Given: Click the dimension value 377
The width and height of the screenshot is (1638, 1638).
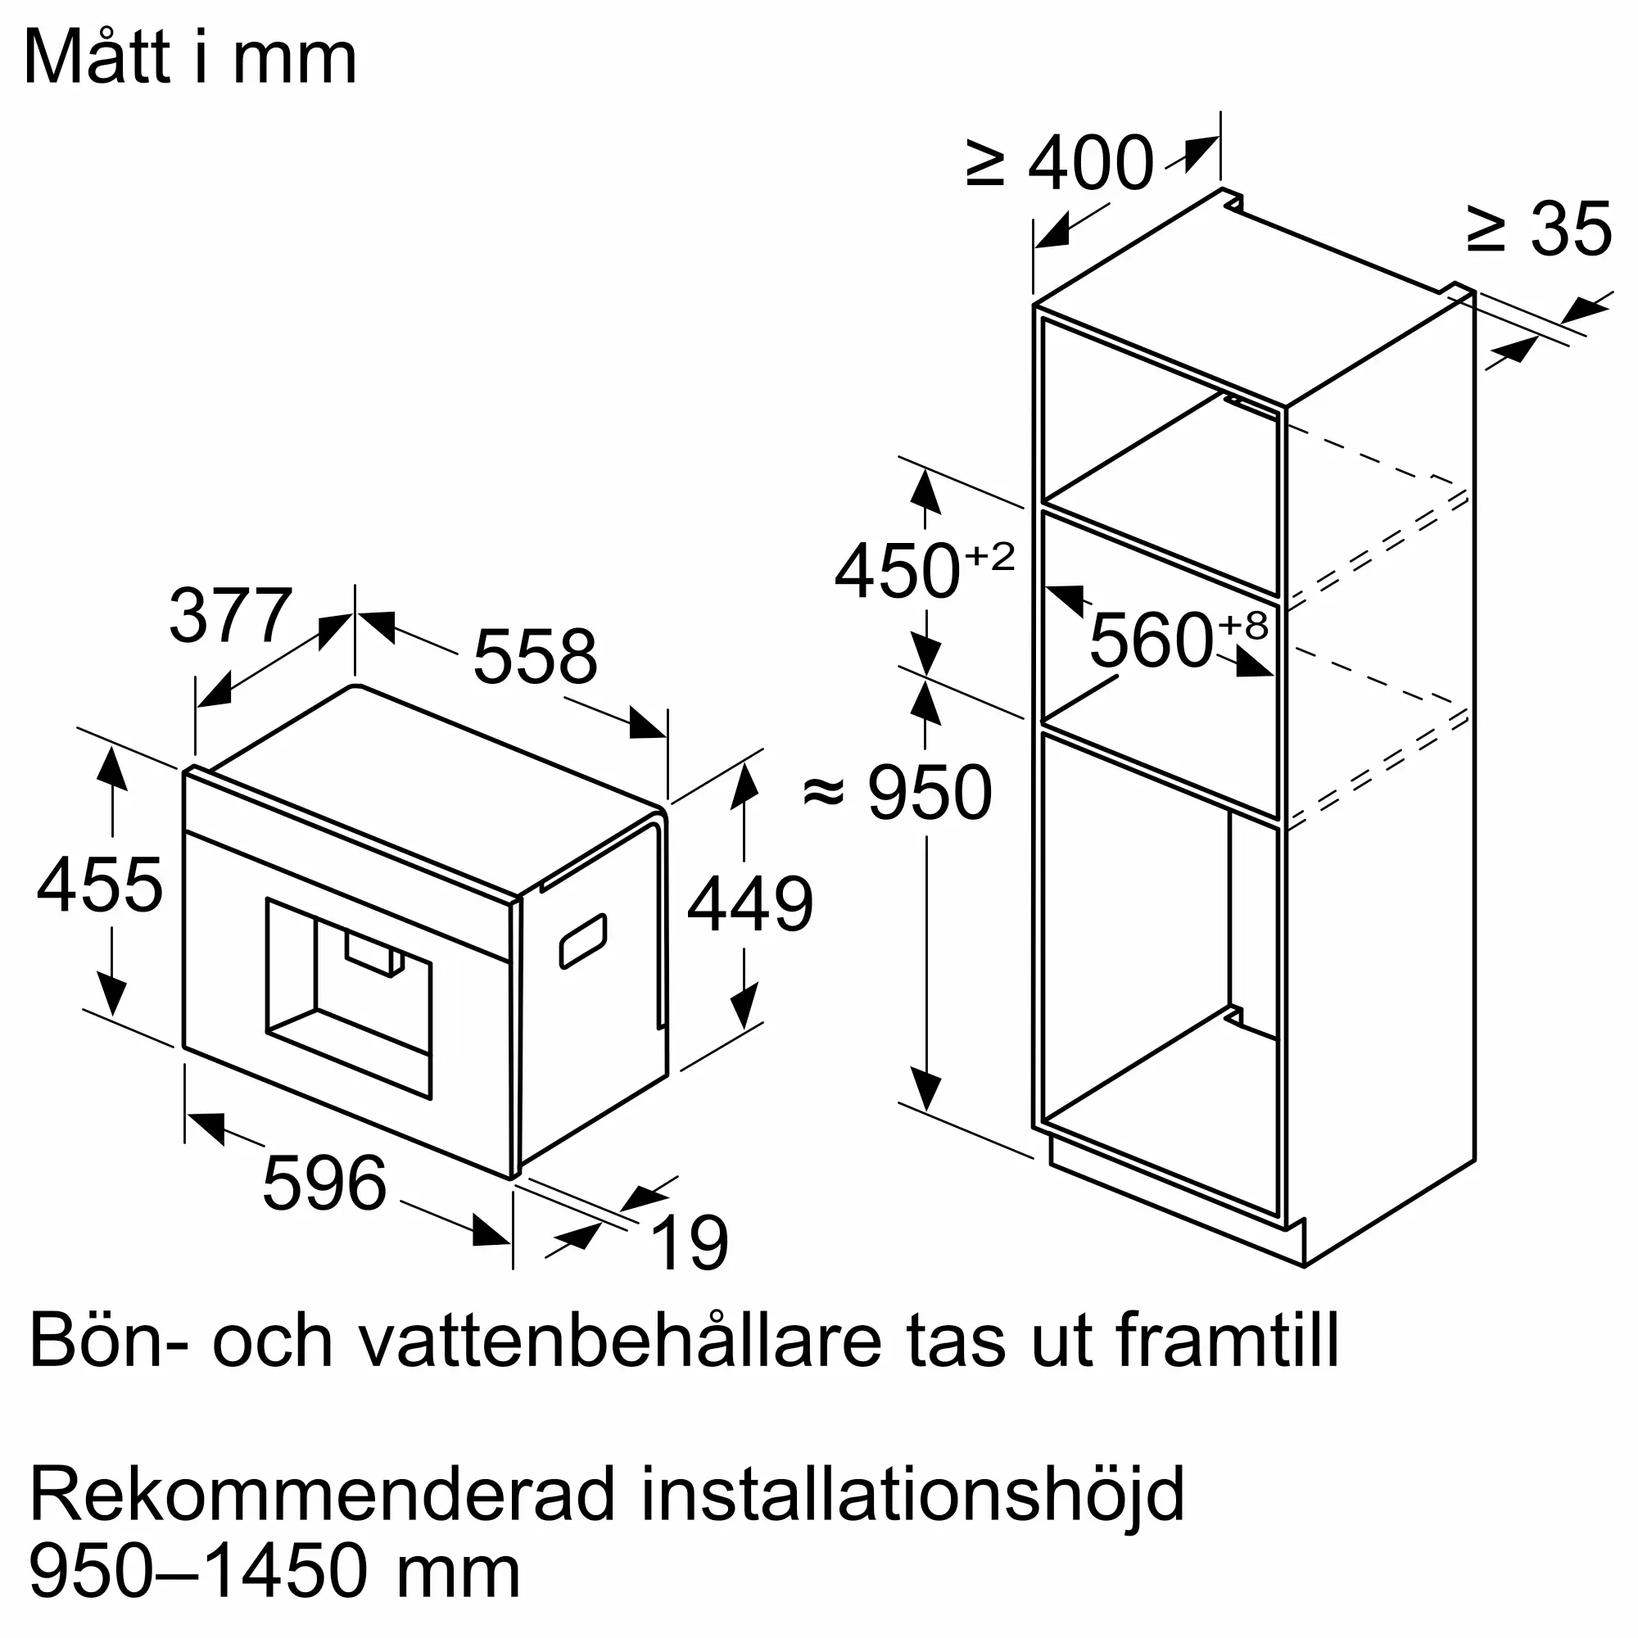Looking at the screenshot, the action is pos(231,617).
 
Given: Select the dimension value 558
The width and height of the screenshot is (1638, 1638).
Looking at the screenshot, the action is pos(535,656).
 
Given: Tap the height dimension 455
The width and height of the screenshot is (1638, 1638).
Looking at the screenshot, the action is pos(99,885).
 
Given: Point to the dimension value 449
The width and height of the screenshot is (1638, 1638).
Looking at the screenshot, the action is pos(750,905).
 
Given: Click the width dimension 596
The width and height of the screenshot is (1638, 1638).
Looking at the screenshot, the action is pos(324,1183).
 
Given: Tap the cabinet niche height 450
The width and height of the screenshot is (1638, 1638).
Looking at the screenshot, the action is pos(897,572).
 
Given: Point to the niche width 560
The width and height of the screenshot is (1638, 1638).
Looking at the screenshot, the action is pos(1152,640).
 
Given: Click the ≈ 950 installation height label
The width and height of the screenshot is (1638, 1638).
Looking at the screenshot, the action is pos(897,793).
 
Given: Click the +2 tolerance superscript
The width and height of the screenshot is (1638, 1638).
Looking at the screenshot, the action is pos(989,557).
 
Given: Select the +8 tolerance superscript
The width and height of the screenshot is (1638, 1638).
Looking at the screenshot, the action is pos(1243,625).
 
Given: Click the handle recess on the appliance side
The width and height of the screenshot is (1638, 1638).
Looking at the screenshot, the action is pos(583,941).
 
